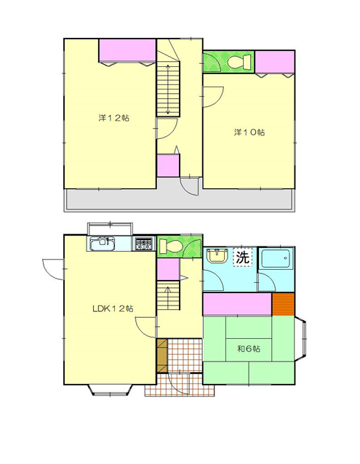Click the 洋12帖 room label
113,118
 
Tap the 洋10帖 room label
249,132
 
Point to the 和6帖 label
249,349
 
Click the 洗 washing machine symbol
243,257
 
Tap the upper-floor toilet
239,62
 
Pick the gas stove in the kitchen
144,244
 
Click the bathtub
276,259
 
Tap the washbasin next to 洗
217,256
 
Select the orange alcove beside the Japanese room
284,304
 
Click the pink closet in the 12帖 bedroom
127,51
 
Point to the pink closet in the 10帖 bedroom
275,62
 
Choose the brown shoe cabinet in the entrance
161,355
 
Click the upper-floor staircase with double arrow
168,89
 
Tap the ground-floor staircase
168,295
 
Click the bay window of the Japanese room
300,339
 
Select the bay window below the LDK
110,390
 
